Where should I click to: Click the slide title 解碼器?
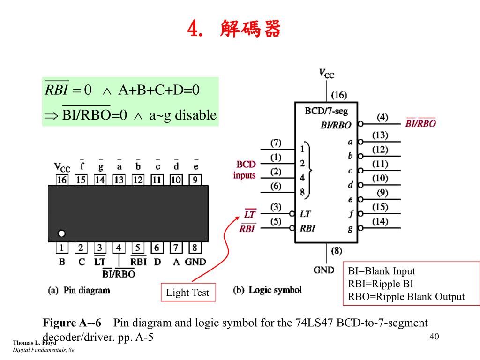[x=250, y=30]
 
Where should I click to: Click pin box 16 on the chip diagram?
[x=62, y=180]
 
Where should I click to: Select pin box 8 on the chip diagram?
[x=195, y=247]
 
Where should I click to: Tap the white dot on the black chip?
[x=61, y=233]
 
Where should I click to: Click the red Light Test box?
[x=187, y=292]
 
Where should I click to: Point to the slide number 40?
[x=434, y=337]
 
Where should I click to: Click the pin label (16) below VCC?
[x=338, y=95]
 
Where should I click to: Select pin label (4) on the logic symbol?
[x=382, y=117]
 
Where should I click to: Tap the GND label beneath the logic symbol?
[x=324, y=270]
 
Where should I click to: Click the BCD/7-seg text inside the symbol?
[x=326, y=112]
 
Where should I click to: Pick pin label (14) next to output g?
[x=380, y=221]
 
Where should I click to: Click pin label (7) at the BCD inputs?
[x=276, y=142]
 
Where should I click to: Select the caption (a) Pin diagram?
[x=79, y=290]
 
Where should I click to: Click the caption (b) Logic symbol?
[x=268, y=290]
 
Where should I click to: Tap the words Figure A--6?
[x=72, y=323]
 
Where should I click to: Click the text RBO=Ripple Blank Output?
[x=406, y=297]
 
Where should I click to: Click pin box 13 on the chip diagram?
[x=119, y=180]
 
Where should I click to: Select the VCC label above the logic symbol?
[x=326, y=73]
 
